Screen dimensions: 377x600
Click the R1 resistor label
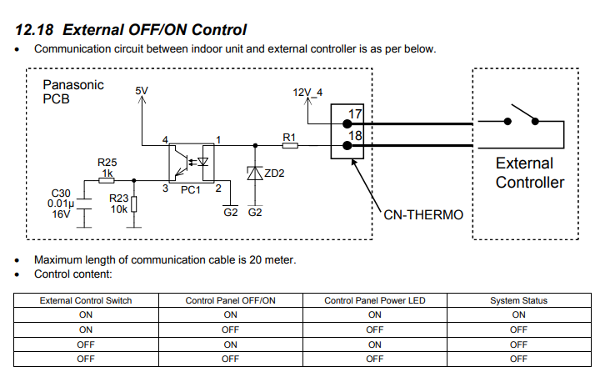pyautogui.click(x=289, y=136)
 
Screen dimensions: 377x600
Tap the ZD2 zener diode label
pyautogui.click(x=275, y=173)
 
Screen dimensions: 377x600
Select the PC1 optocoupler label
pyautogui.click(x=191, y=190)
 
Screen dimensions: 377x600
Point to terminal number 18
pyautogui.click(x=355, y=133)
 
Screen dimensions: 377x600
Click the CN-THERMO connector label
pyautogui.click(x=423, y=214)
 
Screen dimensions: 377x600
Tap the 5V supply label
pyautogui.click(x=142, y=89)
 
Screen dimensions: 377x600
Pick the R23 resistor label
pyautogui.click(x=119, y=199)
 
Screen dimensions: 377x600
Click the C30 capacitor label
pyautogui.click(x=62, y=193)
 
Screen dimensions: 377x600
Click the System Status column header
pyautogui.click(x=518, y=300)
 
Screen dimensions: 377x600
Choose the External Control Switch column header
pyautogui.click(x=87, y=300)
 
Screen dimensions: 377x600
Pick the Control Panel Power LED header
pyautogui.click(x=374, y=300)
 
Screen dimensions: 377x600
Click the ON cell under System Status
pyautogui.click(x=518, y=314)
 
